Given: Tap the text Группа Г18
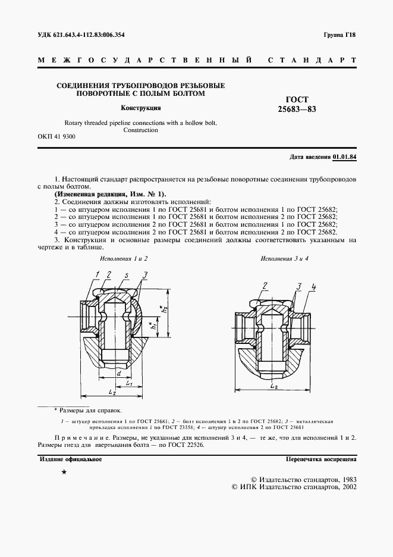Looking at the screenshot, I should tap(339, 35).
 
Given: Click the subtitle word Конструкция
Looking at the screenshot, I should tap(141, 108).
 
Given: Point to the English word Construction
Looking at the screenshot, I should tap(140, 130).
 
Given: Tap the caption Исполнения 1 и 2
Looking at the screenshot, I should tap(124, 259).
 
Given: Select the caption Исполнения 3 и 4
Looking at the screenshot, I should tap(285, 259).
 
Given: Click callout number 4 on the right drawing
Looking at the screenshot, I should tap(313, 288).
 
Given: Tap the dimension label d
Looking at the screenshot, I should tap(120, 373).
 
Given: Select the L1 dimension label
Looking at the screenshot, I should tap(128, 384).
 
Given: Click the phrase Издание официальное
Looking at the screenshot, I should tap(71, 459).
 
